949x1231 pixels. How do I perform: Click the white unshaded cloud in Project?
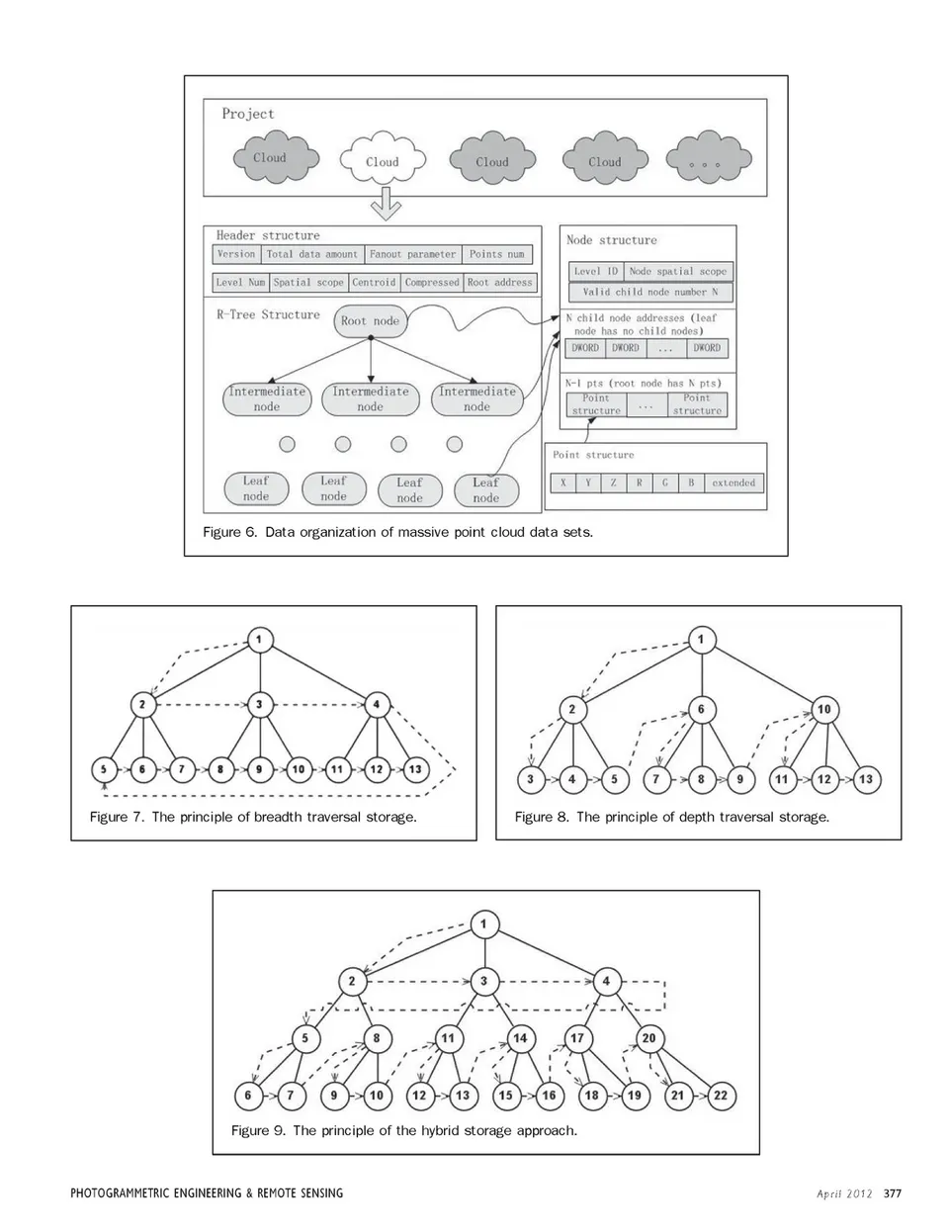382,161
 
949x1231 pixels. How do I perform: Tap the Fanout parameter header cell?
412,254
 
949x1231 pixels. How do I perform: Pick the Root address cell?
499,282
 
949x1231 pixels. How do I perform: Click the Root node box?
370,320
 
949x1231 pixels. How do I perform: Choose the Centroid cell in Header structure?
374,282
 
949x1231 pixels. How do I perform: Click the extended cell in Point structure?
733,483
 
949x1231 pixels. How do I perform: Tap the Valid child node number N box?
649,292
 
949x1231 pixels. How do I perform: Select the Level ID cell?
595,270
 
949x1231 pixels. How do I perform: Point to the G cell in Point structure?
665,483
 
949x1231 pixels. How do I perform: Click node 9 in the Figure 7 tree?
259,768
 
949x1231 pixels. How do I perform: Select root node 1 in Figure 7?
259,640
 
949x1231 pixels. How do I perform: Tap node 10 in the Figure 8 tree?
823,709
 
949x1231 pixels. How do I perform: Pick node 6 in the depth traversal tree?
701,709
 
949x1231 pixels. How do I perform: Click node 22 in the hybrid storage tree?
720,1095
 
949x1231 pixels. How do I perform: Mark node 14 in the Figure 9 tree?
520,1038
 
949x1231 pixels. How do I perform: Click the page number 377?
893,1192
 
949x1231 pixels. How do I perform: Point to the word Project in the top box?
248,114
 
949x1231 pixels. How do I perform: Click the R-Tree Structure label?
268,314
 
